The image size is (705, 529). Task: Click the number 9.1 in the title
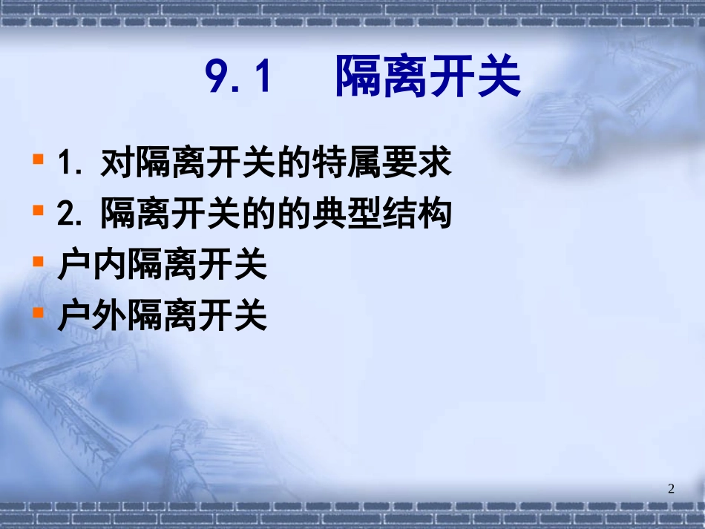240,76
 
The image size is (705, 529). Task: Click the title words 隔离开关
428,76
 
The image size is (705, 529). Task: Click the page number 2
672,488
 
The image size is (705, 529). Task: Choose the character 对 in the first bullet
117,164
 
